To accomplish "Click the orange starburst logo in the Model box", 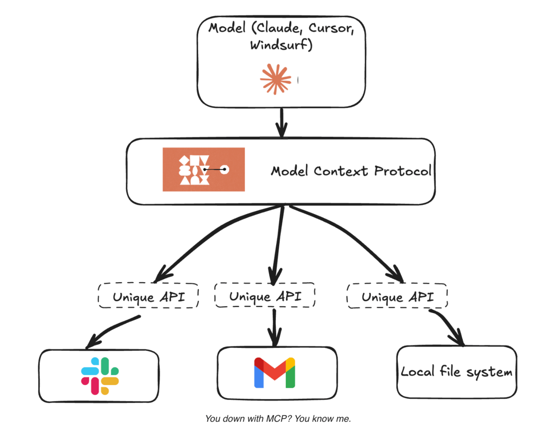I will click(x=275, y=79).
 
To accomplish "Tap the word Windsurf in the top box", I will click(x=280, y=45).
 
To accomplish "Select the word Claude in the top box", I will click(x=278, y=28).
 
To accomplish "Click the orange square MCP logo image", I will click(x=203, y=169).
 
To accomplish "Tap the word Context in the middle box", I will click(x=341, y=171).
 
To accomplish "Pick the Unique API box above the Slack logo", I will click(x=148, y=296).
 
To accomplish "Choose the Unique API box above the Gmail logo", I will click(x=265, y=296).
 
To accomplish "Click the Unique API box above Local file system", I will click(x=397, y=296).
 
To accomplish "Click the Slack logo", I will click(x=100, y=376).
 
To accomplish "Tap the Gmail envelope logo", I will click(x=274, y=372).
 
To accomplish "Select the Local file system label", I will click(x=456, y=372).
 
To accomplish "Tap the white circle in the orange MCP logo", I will click(x=225, y=169).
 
